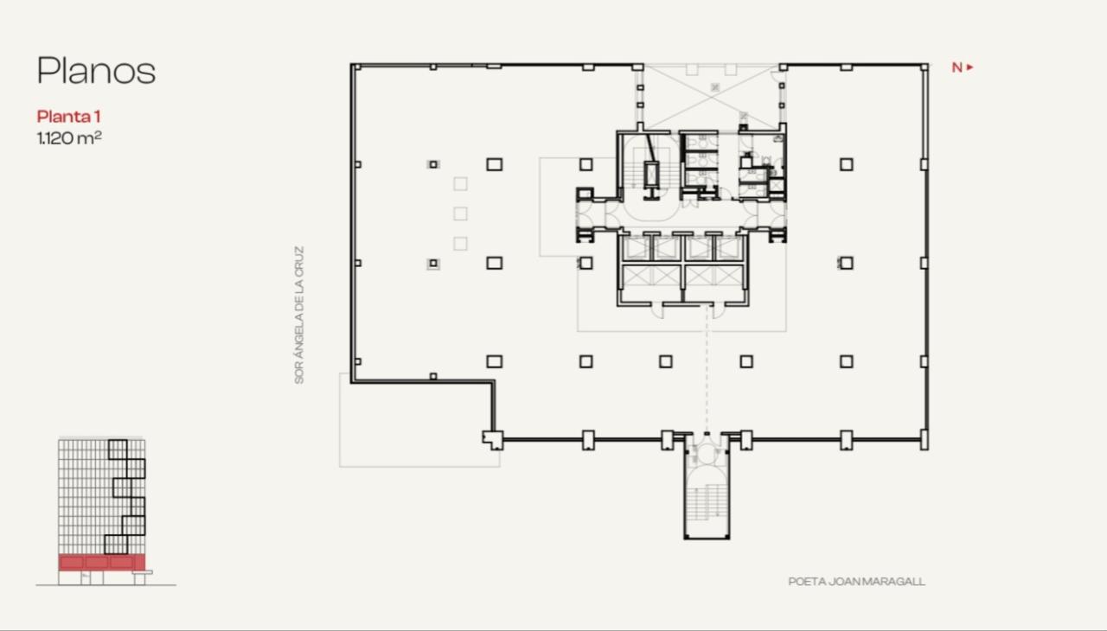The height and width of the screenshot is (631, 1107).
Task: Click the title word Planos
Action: tap(96, 71)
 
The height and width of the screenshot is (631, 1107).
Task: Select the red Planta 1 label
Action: tap(74, 117)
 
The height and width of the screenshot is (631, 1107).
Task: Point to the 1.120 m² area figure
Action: tap(69, 137)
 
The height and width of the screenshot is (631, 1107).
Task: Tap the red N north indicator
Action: tap(957, 67)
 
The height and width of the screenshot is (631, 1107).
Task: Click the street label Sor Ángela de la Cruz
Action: tap(300, 315)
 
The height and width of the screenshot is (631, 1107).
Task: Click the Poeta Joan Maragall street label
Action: tap(856, 582)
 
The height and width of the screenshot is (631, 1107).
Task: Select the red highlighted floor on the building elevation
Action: tap(101, 563)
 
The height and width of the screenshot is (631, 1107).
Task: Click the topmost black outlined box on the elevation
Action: tap(118, 449)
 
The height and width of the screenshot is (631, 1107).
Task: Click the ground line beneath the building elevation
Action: tap(106, 585)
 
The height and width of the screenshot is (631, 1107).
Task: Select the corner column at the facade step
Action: tap(492, 440)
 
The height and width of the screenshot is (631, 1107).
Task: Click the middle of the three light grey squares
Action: tap(460, 214)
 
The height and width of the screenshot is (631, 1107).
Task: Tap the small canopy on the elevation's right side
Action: tap(148, 572)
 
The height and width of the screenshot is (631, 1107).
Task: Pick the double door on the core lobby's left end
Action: tap(587, 214)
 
